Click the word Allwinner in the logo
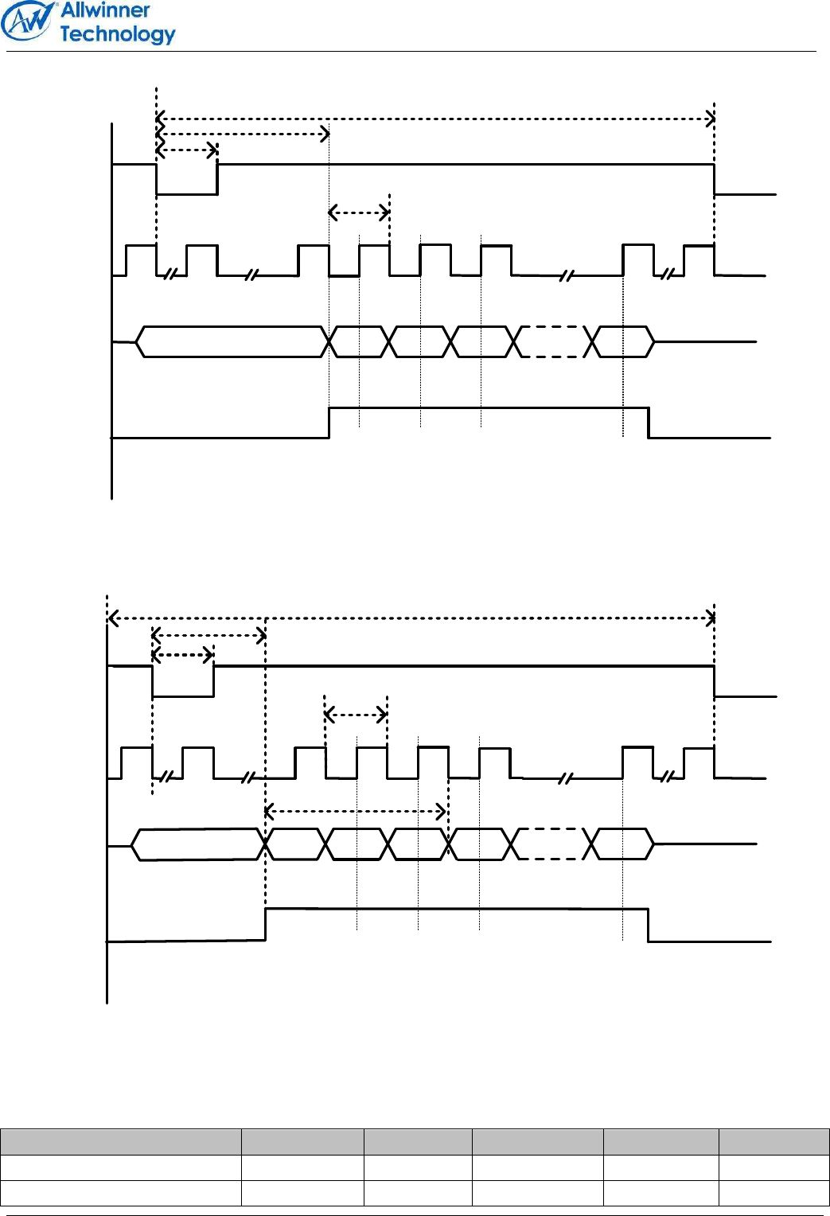tap(105, 11)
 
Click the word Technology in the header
tap(117, 34)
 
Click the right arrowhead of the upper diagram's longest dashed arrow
tap(710, 119)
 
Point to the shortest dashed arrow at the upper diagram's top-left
tap(187, 150)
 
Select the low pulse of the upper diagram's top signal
tap(187, 193)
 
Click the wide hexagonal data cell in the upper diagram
tap(232, 341)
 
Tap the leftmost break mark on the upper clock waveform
tap(170, 275)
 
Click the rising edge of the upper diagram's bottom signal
tap(329, 423)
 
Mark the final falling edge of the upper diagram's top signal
tap(715, 179)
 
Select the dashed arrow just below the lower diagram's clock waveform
tap(355, 812)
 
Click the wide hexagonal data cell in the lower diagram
tap(197, 844)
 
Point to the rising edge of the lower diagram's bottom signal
tap(266, 925)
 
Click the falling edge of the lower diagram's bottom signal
tap(649, 926)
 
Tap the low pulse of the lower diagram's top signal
tap(183, 695)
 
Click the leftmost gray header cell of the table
tap(120, 1141)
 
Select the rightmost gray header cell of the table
tap(773, 1141)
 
